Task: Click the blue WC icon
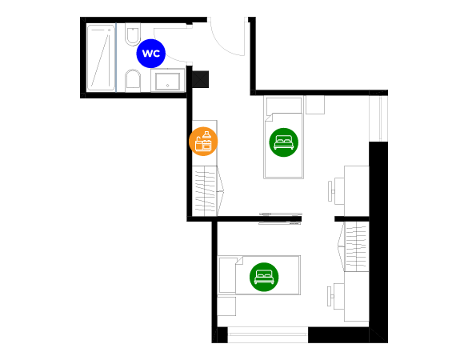coord(150,54)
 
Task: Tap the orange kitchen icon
coord(203,142)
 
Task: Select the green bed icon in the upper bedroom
coord(283,142)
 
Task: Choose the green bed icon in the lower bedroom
coord(264,277)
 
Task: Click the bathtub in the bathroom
coord(101,58)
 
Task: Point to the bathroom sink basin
coord(167,81)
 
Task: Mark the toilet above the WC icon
coord(133,34)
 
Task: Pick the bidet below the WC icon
coord(133,81)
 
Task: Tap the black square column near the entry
coord(200,79)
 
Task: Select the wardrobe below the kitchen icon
coord(208,191)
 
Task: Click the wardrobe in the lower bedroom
coord(354,246)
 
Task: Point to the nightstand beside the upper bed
coord(315,105)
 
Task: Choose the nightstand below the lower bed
coord(226,306)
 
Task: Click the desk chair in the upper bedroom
coord(336,191)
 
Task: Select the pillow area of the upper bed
coord(284,106)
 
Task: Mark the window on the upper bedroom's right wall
coord(378,118)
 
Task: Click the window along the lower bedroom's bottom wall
coord(268,334)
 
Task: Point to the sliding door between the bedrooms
coord(280,218)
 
